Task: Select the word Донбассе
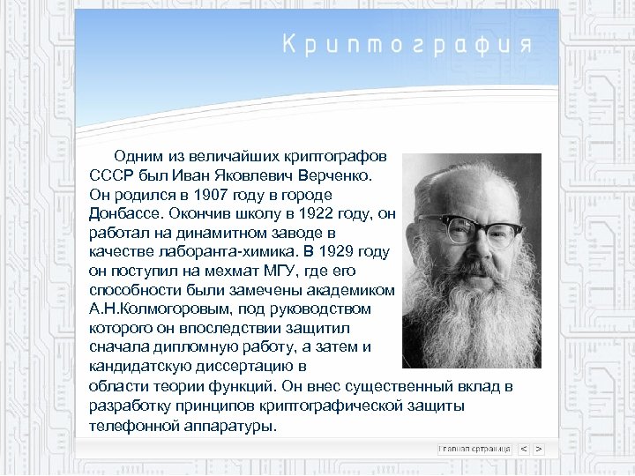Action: click(x=126, y=213)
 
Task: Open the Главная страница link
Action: click(x=475, y=449)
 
